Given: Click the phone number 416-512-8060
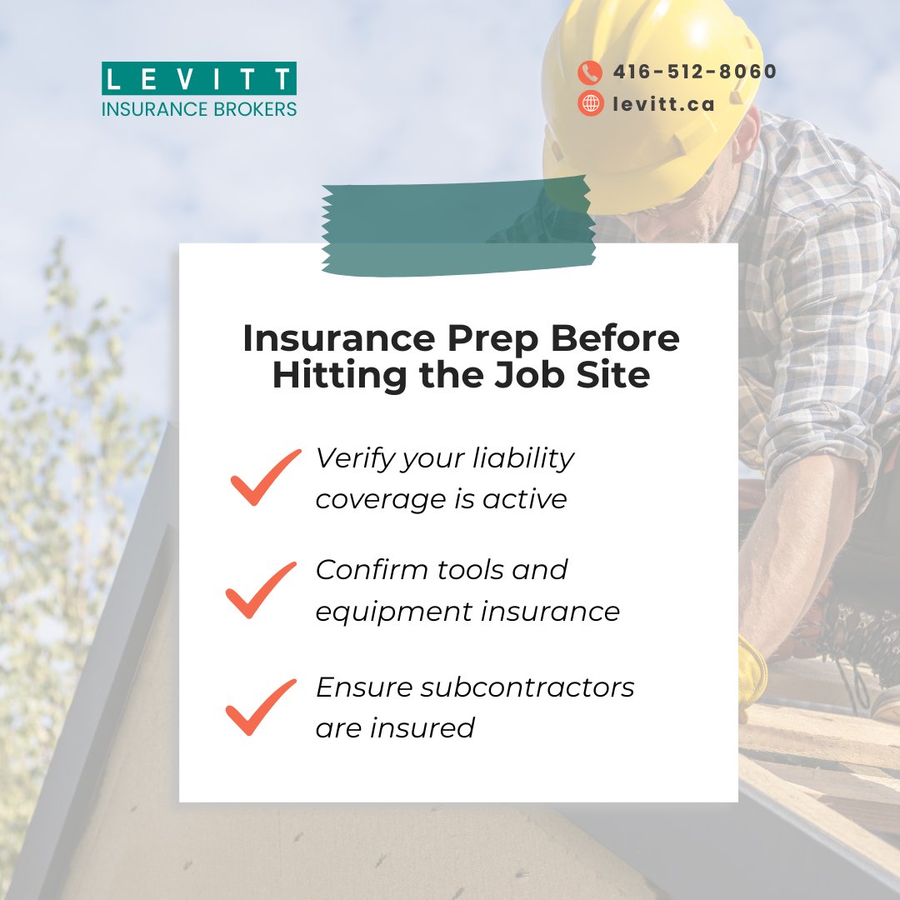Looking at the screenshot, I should [694, 72].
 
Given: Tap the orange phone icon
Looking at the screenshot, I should [590, 72].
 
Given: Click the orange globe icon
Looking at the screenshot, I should [590, 103].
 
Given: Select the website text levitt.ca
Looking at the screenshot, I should [663, 103].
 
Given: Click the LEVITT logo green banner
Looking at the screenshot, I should [199, 78].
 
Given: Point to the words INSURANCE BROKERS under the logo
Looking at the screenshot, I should [199, 108].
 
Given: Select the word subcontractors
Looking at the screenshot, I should [527, 687].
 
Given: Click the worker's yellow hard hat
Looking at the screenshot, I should [650, 92].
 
